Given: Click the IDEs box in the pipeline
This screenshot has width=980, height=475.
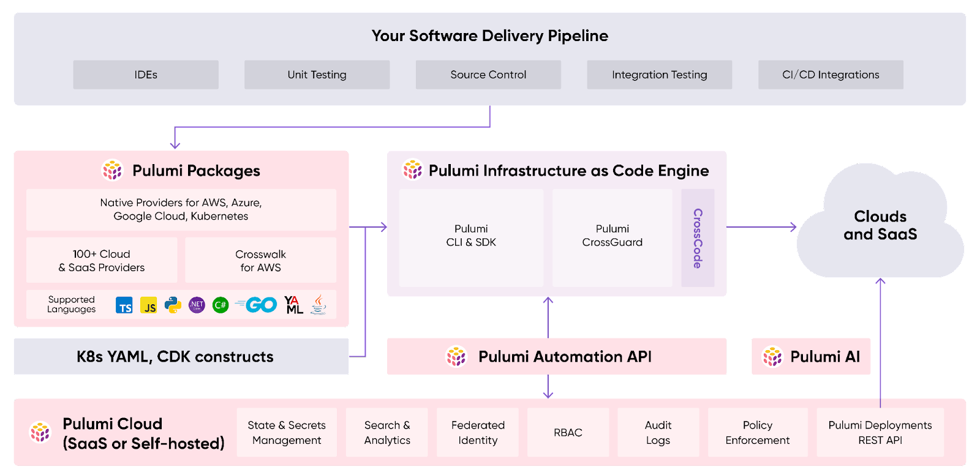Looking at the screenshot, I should click(146, 75).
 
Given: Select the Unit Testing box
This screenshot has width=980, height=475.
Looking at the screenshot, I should click(317, 75).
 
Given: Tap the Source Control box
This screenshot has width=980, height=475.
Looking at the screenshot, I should click(488, 75).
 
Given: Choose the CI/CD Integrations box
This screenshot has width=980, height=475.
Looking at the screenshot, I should click(831, 75).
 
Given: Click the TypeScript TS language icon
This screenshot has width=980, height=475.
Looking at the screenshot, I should click(124, 305).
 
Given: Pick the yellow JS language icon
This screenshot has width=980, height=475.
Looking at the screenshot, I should click(148, 305).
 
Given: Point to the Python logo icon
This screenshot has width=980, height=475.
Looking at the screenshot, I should click(173, 305).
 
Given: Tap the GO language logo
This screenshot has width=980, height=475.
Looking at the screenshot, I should click(257, 305).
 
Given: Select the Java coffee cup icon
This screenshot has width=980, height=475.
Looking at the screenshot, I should click(318, 304).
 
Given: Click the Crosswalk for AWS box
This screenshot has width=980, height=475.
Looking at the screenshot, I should click(260, 261).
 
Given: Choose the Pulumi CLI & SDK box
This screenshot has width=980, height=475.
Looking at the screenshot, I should click(471, 238).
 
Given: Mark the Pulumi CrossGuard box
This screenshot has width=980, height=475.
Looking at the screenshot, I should click(612, 238).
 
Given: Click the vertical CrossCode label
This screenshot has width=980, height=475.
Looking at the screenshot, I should click(698, 238).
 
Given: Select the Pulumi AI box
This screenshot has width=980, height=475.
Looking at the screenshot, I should click(811, 356).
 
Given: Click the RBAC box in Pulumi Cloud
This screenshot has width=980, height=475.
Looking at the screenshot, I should click(568, 433).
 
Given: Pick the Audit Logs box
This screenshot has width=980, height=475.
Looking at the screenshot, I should click(658, 433).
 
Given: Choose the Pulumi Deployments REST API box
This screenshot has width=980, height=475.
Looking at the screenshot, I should click(880, 433).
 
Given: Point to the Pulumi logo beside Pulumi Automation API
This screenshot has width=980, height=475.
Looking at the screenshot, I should click(456, 356).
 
